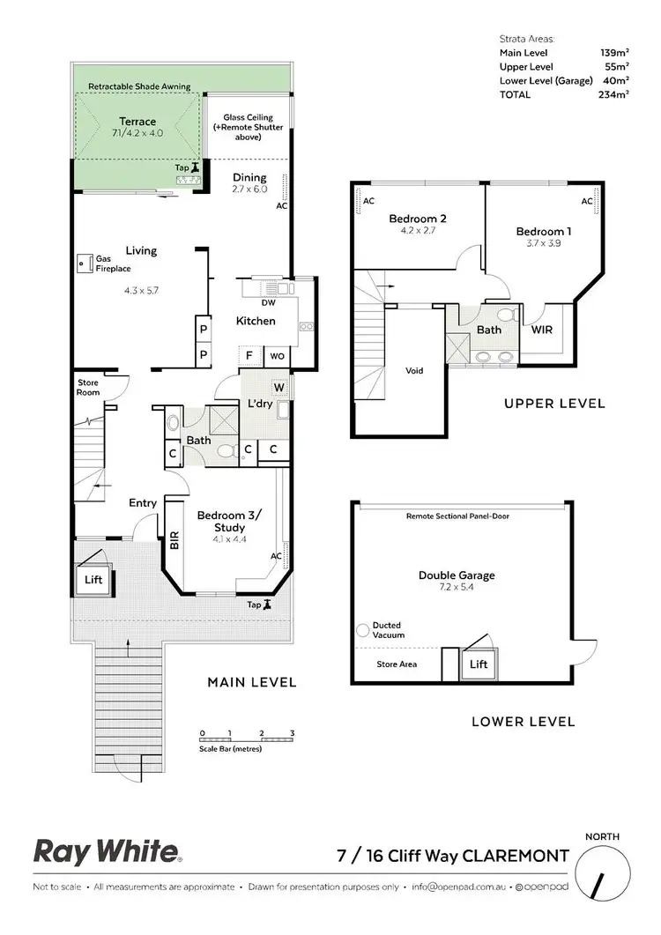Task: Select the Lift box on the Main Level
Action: (x=93, y=580)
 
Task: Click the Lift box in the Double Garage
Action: (x=479, y=664)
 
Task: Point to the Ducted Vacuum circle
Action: (x=362, y=631)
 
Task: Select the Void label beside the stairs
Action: (x=413, y=370)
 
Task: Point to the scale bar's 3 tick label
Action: (x=292, y=733)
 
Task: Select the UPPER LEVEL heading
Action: (x=554, y=404)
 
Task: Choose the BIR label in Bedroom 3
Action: (x=174, y=539)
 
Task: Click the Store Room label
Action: (x=88, y=387)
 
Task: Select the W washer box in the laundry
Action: (x=279, y=387)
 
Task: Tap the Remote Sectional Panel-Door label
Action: (x=457, y=516)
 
